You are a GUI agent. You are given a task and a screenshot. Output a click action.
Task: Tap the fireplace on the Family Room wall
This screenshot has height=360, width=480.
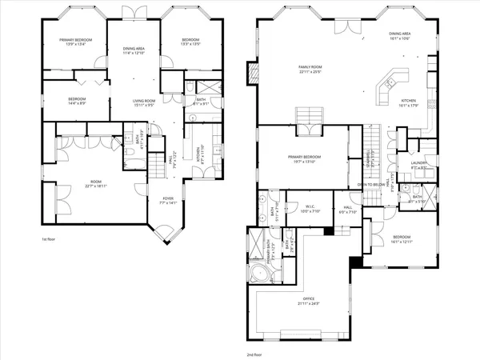point(253,74)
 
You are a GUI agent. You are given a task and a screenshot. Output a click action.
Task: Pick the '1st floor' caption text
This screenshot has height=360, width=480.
point(49,238)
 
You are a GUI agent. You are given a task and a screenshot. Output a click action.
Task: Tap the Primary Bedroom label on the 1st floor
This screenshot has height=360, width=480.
point(75,41)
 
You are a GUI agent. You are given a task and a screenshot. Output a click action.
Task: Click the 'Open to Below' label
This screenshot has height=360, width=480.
point(370,183)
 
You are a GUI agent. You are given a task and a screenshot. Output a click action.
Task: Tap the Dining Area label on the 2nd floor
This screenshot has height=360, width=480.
point(400,34)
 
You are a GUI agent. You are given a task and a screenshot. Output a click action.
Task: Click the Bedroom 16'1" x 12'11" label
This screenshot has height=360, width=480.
point(402,239)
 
